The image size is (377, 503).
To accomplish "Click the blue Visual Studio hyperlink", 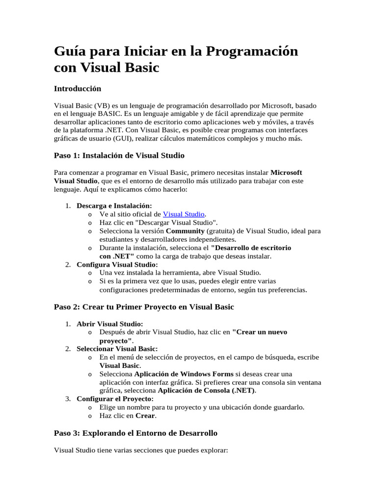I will [184, 214].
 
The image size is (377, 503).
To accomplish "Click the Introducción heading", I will [77, 88].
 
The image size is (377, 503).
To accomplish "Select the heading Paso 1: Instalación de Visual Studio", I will [119, 155].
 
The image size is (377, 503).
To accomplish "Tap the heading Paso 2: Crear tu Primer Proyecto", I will [144, 307].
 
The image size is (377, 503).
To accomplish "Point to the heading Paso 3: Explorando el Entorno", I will [135, 433].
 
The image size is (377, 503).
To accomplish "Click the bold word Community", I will [185, 231].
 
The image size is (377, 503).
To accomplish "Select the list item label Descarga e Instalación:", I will [114, 206].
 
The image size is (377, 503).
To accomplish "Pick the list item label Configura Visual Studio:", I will [117, 264].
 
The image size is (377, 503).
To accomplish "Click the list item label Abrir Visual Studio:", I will [109, 324].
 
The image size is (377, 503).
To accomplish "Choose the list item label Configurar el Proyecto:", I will [115, 398].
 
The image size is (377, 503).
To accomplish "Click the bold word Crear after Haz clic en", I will [145, 416].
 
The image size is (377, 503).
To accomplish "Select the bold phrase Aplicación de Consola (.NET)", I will [207, 391].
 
